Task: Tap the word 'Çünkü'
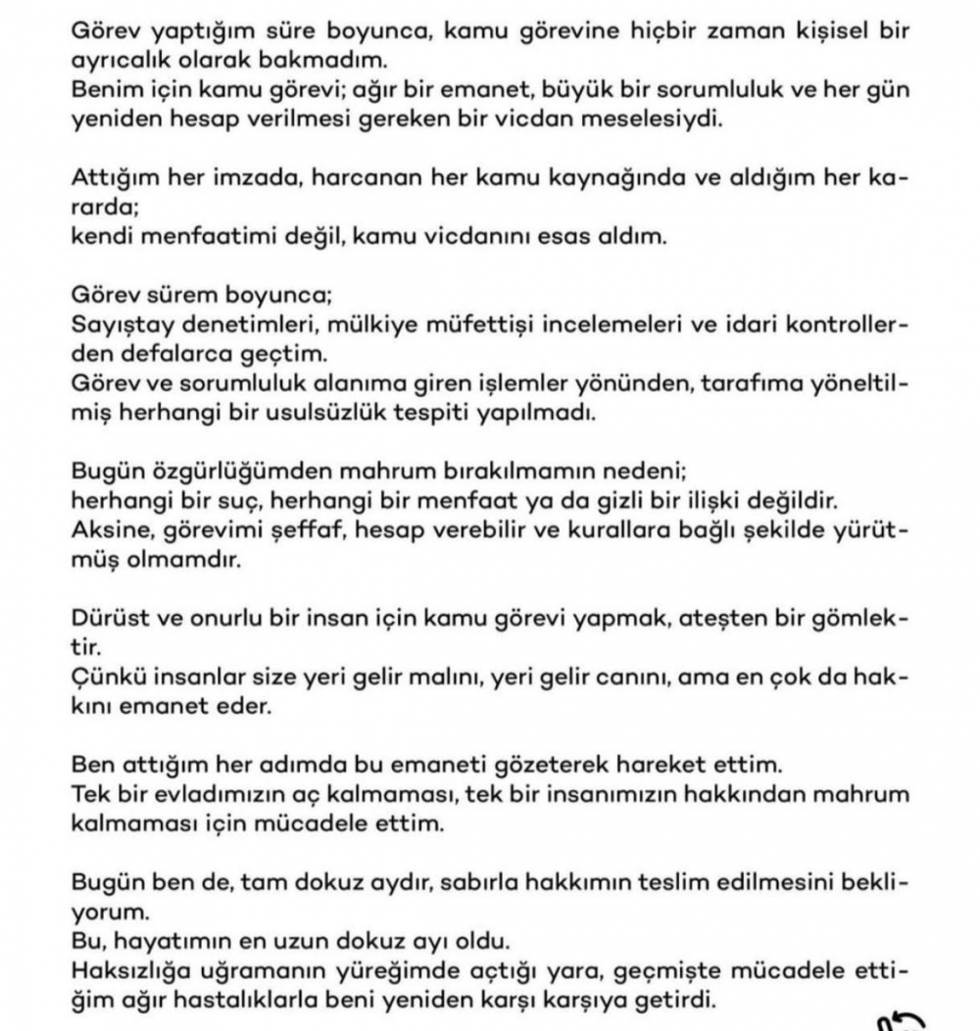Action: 105,677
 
